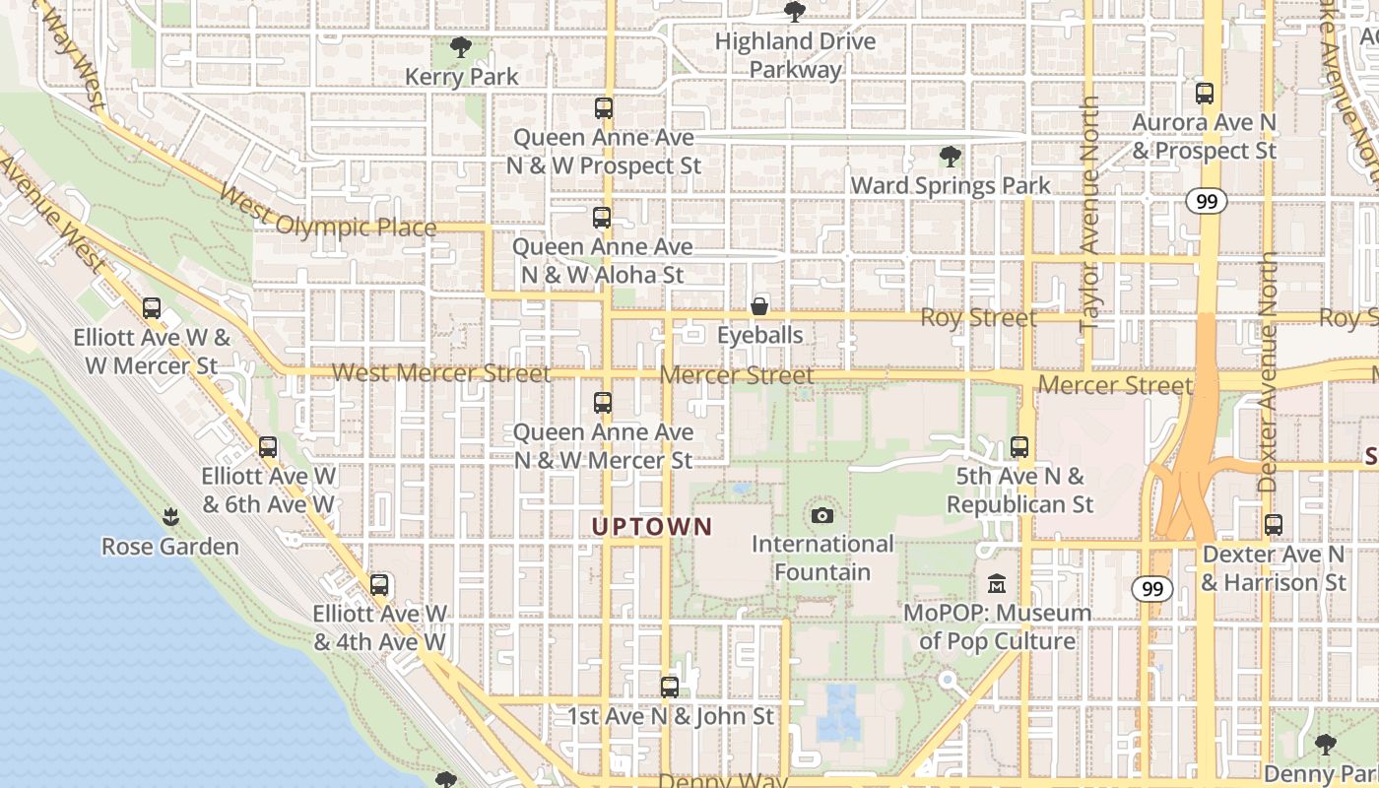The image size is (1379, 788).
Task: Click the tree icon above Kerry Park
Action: tap(460, 46)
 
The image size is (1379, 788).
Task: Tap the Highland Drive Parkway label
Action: tap(795, 55)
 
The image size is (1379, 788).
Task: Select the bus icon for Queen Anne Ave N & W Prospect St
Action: tap(604, 108)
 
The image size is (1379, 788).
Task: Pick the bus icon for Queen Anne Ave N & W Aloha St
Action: tap(602, 218)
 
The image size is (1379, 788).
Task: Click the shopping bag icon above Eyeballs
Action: tap(759, 306)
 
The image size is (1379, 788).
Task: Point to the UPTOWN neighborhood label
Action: tap(652, 527)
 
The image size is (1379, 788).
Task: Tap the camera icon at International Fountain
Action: tap(821, 515)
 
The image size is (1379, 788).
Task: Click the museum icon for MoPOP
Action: tap(997, 584)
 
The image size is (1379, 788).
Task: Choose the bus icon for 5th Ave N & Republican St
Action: tap(1019, 447)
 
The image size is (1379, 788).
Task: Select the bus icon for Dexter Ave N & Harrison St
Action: tap(1274, 525)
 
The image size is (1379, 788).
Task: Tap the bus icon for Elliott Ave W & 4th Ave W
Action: tap(379, 585)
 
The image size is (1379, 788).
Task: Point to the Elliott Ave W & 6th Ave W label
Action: tap(269, 490)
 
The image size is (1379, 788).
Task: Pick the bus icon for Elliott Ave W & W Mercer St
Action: tap(152, 308)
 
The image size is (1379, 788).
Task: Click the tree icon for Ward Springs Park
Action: tap(950, 156)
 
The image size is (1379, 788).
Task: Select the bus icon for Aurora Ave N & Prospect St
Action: tap(1204, 94)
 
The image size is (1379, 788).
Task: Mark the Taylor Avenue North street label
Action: tap(1089, 213)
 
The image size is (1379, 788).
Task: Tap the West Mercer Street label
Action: tap(441, 373)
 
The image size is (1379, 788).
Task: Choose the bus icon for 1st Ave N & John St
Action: tap(670, 688)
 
